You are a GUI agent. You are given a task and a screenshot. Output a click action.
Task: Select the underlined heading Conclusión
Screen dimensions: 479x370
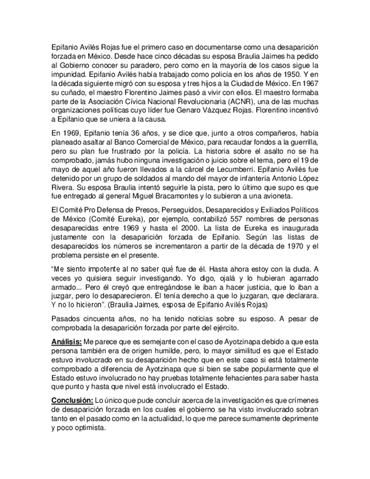point(71,400)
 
